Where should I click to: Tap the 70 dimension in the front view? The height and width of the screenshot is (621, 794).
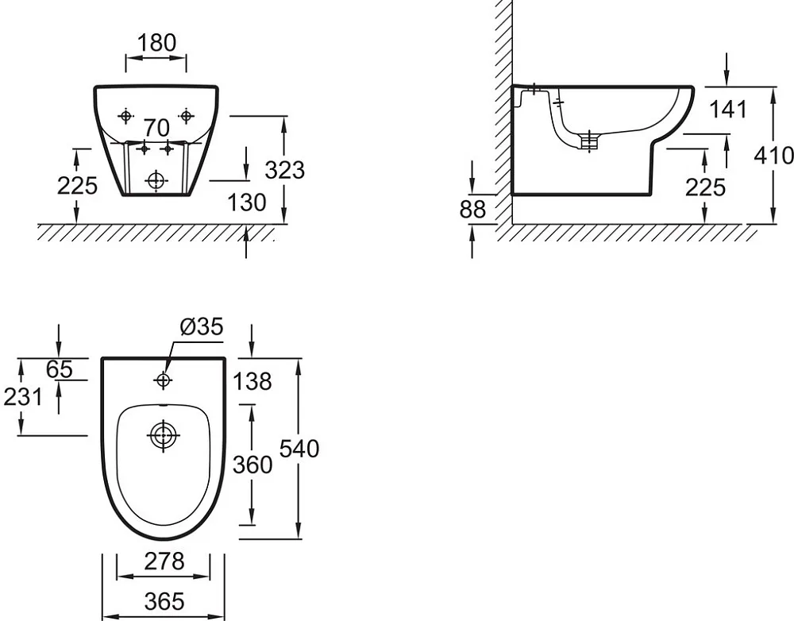pos(156,128)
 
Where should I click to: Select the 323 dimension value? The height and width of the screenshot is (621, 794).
pos(284,170)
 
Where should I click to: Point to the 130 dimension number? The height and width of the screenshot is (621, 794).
pos(247,202)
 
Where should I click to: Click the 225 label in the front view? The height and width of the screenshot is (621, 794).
pos(77,186)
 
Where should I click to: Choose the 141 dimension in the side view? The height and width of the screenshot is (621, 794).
pos(728,109)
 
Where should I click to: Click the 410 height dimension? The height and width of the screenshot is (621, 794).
pos(773,155)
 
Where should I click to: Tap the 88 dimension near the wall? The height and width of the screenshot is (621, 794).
pos(472,209)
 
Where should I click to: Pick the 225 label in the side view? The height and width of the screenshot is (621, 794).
pos(705,187)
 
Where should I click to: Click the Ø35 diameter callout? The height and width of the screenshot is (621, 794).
pos(202,326)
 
